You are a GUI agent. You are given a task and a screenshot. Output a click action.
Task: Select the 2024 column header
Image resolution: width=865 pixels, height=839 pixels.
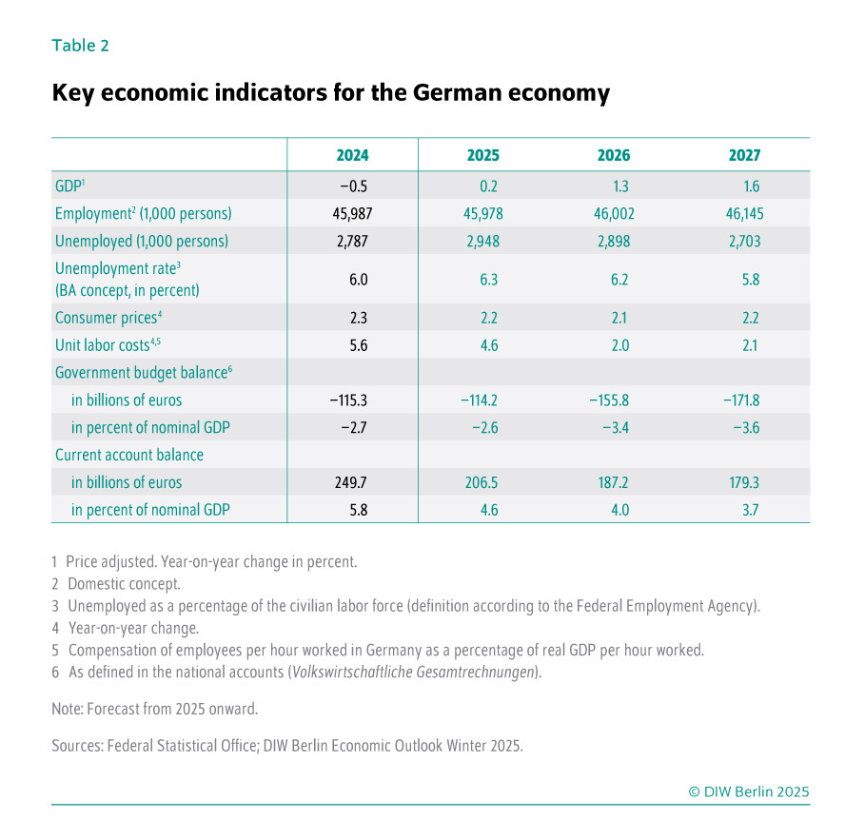tap(352, 155)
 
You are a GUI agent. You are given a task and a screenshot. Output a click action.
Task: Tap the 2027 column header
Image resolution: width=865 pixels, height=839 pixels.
tap(745, 155)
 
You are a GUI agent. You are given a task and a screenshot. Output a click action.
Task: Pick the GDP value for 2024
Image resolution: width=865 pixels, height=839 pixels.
tap(352, 186)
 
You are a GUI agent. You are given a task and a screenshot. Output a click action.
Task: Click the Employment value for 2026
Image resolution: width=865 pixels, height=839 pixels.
tap(614, 214)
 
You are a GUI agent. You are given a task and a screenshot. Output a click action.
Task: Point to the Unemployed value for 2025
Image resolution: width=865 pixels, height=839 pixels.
tap(482, 242)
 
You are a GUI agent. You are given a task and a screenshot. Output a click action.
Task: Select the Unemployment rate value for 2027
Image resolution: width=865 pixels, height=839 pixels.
tap(745, 280)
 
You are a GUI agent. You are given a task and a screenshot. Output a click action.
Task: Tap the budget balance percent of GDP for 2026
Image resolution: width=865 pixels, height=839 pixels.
tap(614, 428)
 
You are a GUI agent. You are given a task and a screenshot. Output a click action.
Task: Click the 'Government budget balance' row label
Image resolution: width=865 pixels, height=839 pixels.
tap(143, 373)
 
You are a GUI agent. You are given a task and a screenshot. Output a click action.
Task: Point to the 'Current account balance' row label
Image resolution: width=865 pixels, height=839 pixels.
tap(129, 455)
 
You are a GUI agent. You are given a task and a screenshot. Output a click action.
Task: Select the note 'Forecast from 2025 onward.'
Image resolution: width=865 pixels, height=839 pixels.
tap(154, 709)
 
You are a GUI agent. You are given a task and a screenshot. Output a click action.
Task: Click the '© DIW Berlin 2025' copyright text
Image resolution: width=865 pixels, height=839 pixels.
tap(749, 791)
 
